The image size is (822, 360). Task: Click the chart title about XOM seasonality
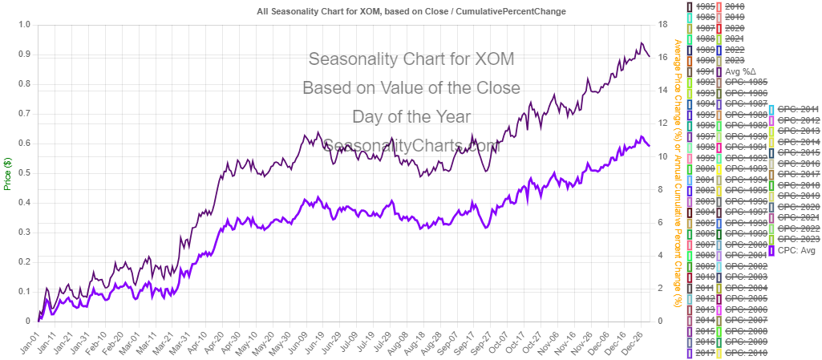click(411, 12)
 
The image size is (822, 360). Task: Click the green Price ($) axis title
click(7, 172)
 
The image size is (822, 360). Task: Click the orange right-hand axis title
click(678, 172)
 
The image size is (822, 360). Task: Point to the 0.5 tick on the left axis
click(25, 172)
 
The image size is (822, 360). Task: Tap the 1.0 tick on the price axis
click(25, 24)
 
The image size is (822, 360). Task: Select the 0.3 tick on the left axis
click(25, 232)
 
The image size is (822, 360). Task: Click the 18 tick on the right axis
click(662, 24)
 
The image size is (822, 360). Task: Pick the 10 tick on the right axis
click(662, 156)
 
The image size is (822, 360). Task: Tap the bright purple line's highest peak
click(641, 137)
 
